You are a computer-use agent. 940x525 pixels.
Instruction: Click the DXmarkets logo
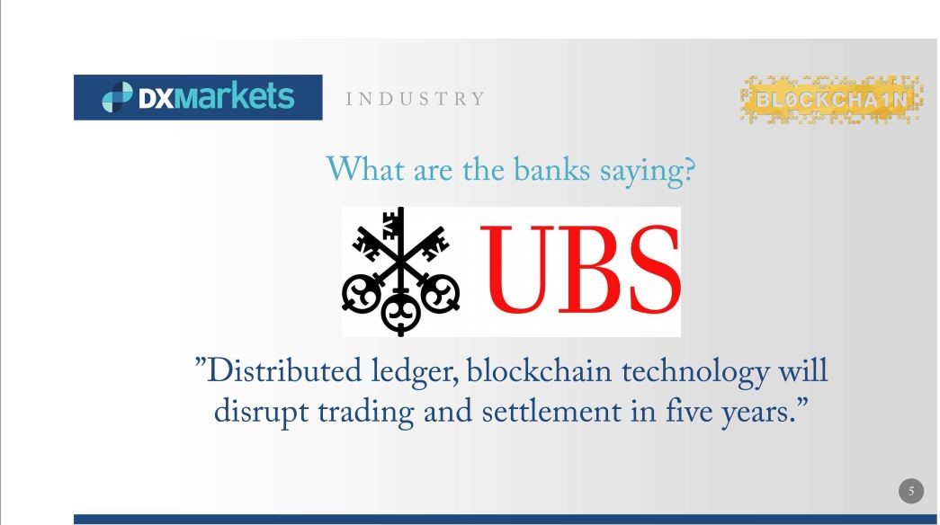198,97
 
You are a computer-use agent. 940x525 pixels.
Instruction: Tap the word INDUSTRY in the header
415,99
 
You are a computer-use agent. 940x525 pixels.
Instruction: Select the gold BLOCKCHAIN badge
831,100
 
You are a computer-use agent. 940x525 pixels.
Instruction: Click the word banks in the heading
551,170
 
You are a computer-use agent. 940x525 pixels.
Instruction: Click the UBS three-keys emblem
401,271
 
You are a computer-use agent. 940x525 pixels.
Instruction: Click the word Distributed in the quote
284,371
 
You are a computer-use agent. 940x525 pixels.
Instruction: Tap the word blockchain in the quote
539,371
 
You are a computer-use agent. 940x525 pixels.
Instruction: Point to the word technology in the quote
695,373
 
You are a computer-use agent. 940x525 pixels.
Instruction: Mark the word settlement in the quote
551,412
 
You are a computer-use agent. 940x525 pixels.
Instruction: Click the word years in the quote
756,414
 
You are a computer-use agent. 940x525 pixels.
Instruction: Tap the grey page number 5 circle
911,492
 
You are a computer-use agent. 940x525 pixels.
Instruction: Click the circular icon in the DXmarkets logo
117,97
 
